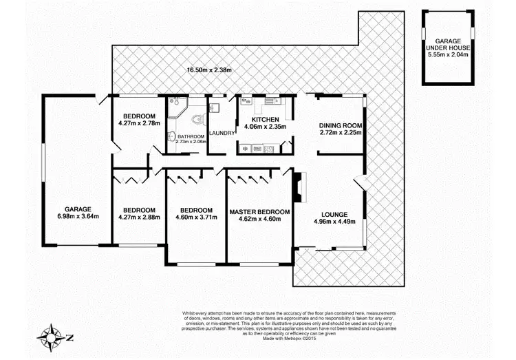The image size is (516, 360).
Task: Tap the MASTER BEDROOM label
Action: click(259, 211)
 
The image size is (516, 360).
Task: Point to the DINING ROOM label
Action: click(341, 125)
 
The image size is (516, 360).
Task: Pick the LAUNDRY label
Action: click(222, 132)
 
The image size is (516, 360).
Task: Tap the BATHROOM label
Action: click(191, 136)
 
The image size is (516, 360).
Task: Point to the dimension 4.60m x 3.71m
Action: click(196, 218)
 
